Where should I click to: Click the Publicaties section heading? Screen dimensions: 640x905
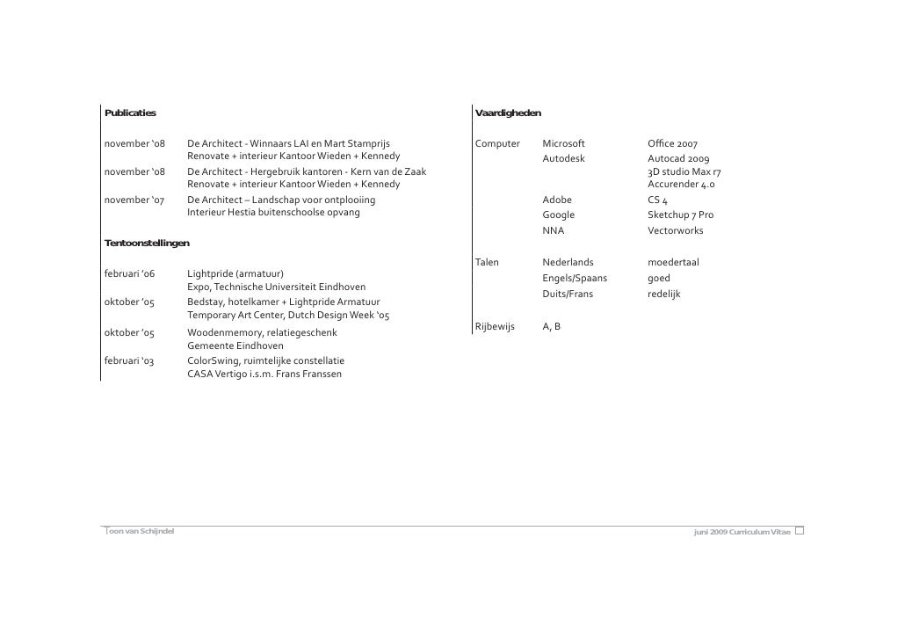point(130,113)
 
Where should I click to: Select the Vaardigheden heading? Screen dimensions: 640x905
point(508,113)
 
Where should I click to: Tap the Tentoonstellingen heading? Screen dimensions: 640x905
point(147,242)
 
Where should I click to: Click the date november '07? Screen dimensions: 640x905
point(134,200)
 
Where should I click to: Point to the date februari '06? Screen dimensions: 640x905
point(129,273)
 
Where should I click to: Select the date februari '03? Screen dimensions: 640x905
point(129,360)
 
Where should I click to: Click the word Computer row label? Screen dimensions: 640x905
point(497,143)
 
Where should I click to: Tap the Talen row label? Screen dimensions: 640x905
point(487,262)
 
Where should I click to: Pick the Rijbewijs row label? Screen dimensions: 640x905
point(494,326)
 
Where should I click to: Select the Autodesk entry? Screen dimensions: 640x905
point(563,158)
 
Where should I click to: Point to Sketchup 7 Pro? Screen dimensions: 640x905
point(680,215)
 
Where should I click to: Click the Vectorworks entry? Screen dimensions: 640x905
point(675,230)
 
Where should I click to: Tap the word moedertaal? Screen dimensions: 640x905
point(673,262)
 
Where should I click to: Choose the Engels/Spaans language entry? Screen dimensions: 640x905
point(575,278)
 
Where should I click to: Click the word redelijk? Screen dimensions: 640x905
point(663,294)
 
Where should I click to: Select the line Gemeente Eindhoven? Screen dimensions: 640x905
point(235,346)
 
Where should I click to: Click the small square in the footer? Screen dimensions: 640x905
point(800,533)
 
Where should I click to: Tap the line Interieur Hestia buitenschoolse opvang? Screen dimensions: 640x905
point(273,213)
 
